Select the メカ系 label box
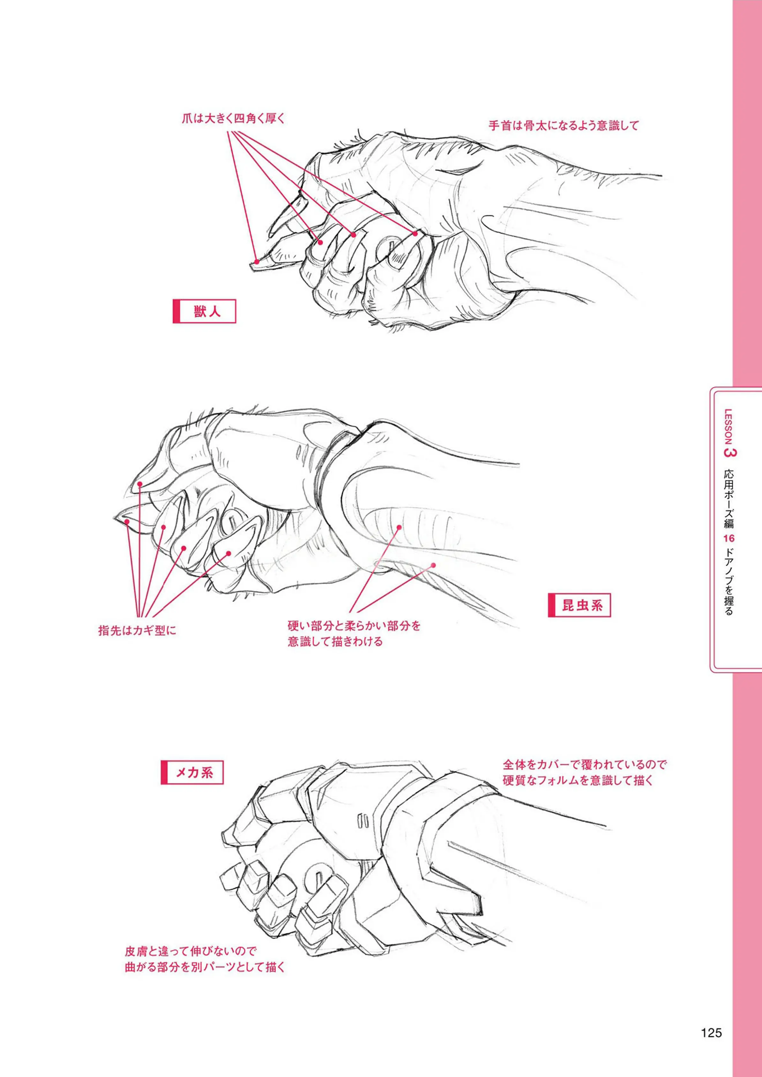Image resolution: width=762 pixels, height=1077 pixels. point(192,772)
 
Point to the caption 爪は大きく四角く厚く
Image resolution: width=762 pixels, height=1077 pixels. point(233,118)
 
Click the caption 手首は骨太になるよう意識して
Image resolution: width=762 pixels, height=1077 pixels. point(564,125)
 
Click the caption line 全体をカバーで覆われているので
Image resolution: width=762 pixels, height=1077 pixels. point(585,765)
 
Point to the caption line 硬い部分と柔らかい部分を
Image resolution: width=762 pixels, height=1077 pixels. point(354,626)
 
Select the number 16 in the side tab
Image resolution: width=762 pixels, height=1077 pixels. point(728,538)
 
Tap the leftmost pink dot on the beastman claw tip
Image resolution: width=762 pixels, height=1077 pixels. point(256,262)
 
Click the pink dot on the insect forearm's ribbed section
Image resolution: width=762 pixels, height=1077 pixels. point(399,527)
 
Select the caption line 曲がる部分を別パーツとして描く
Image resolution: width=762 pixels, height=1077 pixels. point(205,967)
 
